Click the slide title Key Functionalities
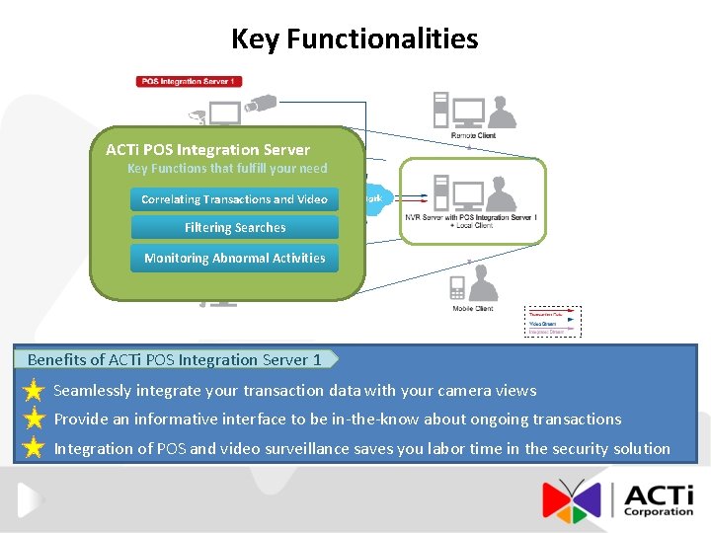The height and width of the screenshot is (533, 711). (x=355, y=39)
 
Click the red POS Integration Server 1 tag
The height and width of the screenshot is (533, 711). (x=189, y=81)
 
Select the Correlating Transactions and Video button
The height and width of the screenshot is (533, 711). (x=234, y=199)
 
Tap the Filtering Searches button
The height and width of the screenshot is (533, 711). (x=234, y=228)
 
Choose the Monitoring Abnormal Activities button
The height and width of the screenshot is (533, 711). (x=234, y=259)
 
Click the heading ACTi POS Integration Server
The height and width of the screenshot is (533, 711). (x=207, y=150)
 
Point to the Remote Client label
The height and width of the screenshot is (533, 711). (x=473, y=134)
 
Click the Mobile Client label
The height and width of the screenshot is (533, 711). (x=471, y=309)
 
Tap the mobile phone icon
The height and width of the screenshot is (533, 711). (x=457, y=288)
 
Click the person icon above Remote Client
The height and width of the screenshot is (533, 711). (x=502, y=111)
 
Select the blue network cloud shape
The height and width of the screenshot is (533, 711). (x=376, y=198)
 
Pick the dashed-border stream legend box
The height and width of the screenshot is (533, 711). (x=553, y=322)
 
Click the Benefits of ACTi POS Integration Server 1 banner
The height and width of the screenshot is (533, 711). (x=176, y=359)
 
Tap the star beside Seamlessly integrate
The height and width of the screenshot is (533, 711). (x=34, y=391)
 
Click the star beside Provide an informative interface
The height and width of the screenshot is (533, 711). (x=34, y=419)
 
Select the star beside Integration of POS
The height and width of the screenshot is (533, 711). (x=34, y=449)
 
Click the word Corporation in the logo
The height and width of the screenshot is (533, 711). (x=659, y=511)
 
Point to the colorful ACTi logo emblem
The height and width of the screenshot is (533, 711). (x=571, y=499)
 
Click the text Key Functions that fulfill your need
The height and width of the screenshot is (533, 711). (x=227, y=169)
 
